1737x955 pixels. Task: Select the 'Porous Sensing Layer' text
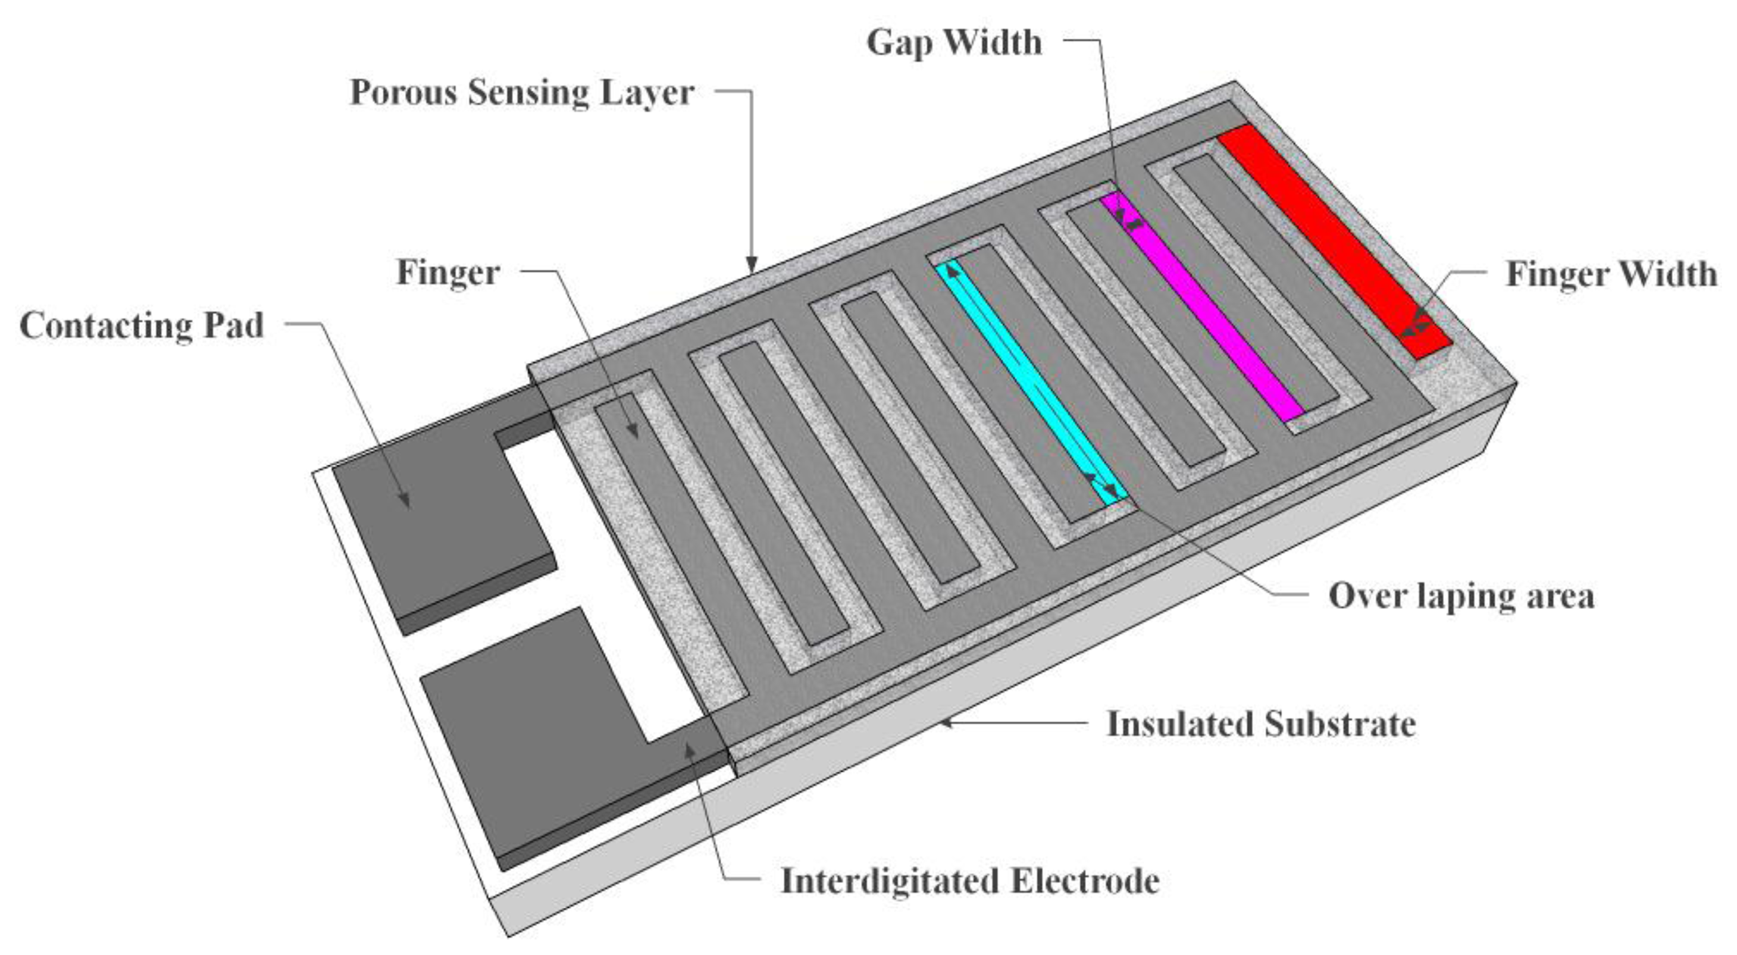tap(522, 93)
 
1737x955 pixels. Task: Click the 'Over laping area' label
tap(1460, 596)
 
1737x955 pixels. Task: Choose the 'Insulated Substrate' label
tap(1261, 724)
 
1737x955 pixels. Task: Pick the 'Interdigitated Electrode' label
tap(969, 881)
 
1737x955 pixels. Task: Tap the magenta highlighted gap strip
tap(1200, 303)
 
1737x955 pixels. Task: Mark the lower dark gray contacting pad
tap(533, 735)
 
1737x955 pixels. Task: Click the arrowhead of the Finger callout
tap(631, 430)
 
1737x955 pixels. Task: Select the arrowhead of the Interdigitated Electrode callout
tap(690, 749)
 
